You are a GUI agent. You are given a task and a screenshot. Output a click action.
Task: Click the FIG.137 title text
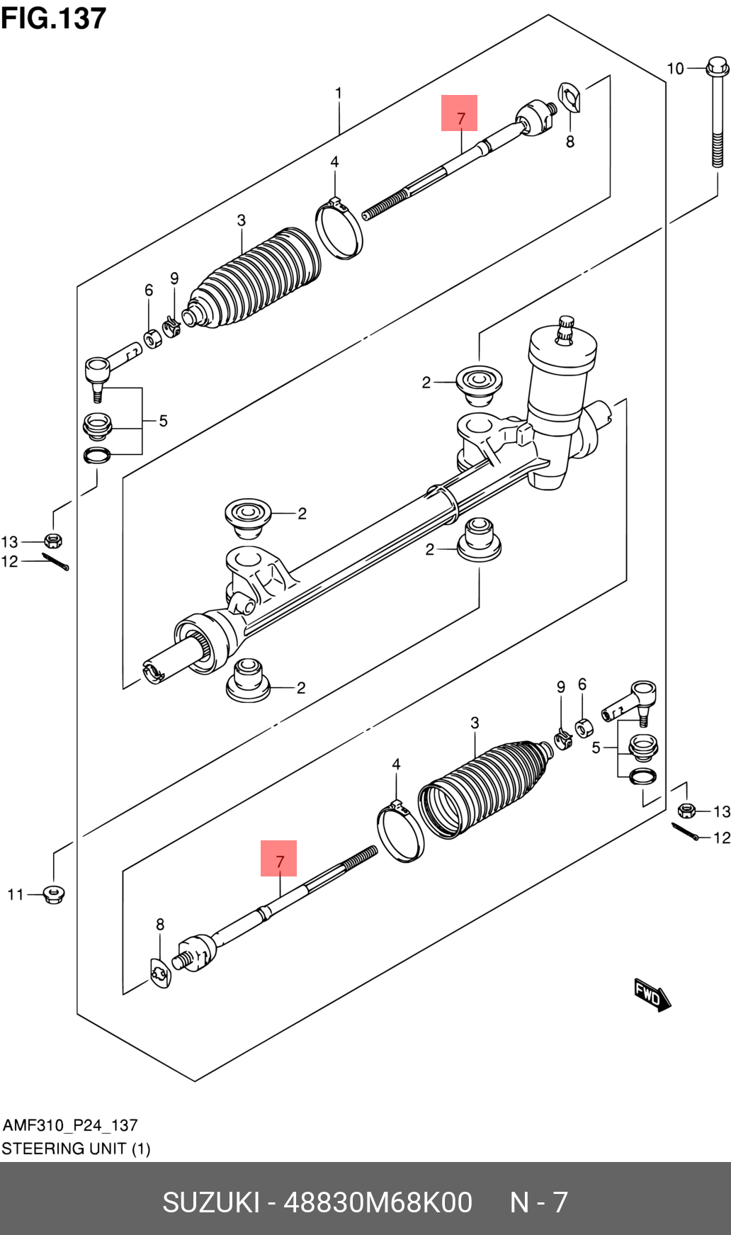[x=53, y=18]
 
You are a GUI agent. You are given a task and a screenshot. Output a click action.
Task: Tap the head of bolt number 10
[x=717, y=68]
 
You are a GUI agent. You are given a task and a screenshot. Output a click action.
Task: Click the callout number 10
[x=675, y=69]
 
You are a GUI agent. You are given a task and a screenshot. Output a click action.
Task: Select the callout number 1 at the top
[x=339, y=93]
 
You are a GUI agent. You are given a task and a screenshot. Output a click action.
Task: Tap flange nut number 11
[x=54, y=893]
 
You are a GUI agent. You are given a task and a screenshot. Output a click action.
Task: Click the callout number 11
[x=16, y=895]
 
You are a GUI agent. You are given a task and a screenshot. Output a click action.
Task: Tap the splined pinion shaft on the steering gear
[x=565, y=329]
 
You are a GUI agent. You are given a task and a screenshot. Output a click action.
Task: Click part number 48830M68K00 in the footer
[x=378, y=1202]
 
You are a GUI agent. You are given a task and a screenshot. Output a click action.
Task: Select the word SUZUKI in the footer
[x=211, y=1202]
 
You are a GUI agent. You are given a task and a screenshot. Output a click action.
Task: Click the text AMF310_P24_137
[x=70, y=1125]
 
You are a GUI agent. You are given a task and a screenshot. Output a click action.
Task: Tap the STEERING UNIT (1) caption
[x=76, y=1149]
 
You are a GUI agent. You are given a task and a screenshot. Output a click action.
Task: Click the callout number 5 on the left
[x=163, y=421]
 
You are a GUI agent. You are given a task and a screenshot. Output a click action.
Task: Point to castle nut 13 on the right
[x=686, y=811]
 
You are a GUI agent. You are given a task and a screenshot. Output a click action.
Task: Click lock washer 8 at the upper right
[x=570, y=98]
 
